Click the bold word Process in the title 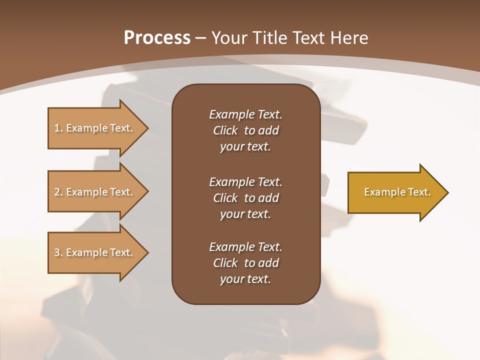157,38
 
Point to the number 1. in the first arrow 58,128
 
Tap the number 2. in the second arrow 58,192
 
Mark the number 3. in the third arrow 58,252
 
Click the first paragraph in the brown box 245,130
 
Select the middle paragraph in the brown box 245,198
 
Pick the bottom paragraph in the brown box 245,263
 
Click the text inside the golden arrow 397,192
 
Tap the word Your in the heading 227,38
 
